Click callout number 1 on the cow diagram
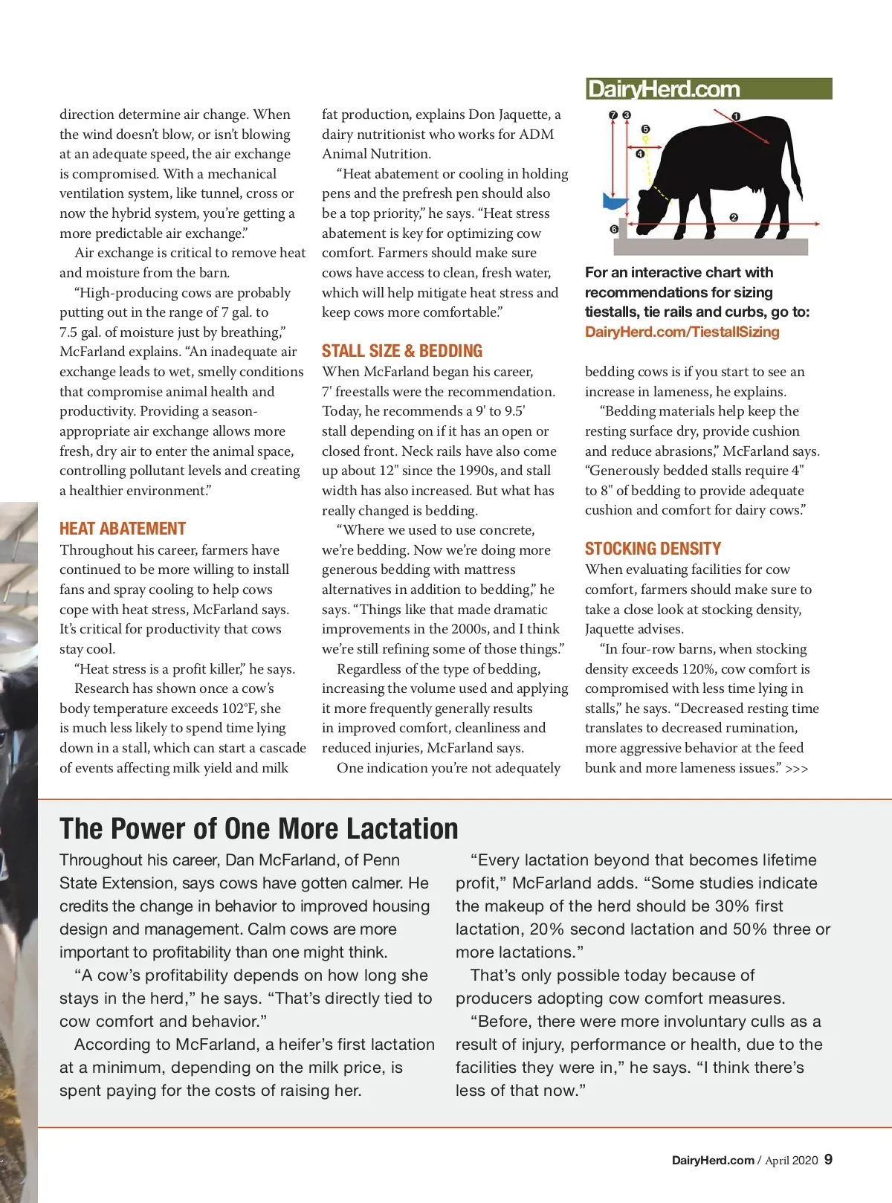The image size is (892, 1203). point(736,117)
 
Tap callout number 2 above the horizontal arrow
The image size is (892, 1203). point(734,217)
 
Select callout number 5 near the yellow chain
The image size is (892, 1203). point(645,129)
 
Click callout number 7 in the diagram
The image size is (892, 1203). point(613,115)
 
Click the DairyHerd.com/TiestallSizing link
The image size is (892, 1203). point(682,332)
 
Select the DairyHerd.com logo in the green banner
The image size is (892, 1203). point(663,89)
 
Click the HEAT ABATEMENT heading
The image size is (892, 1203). point(123,529)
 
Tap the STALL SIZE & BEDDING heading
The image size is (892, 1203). point(401,351)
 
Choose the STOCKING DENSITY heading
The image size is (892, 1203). point(653,549)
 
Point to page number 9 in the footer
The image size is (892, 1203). point(828,1159)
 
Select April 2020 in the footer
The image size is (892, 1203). point(791,1160)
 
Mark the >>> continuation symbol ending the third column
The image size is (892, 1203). point(797,769)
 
